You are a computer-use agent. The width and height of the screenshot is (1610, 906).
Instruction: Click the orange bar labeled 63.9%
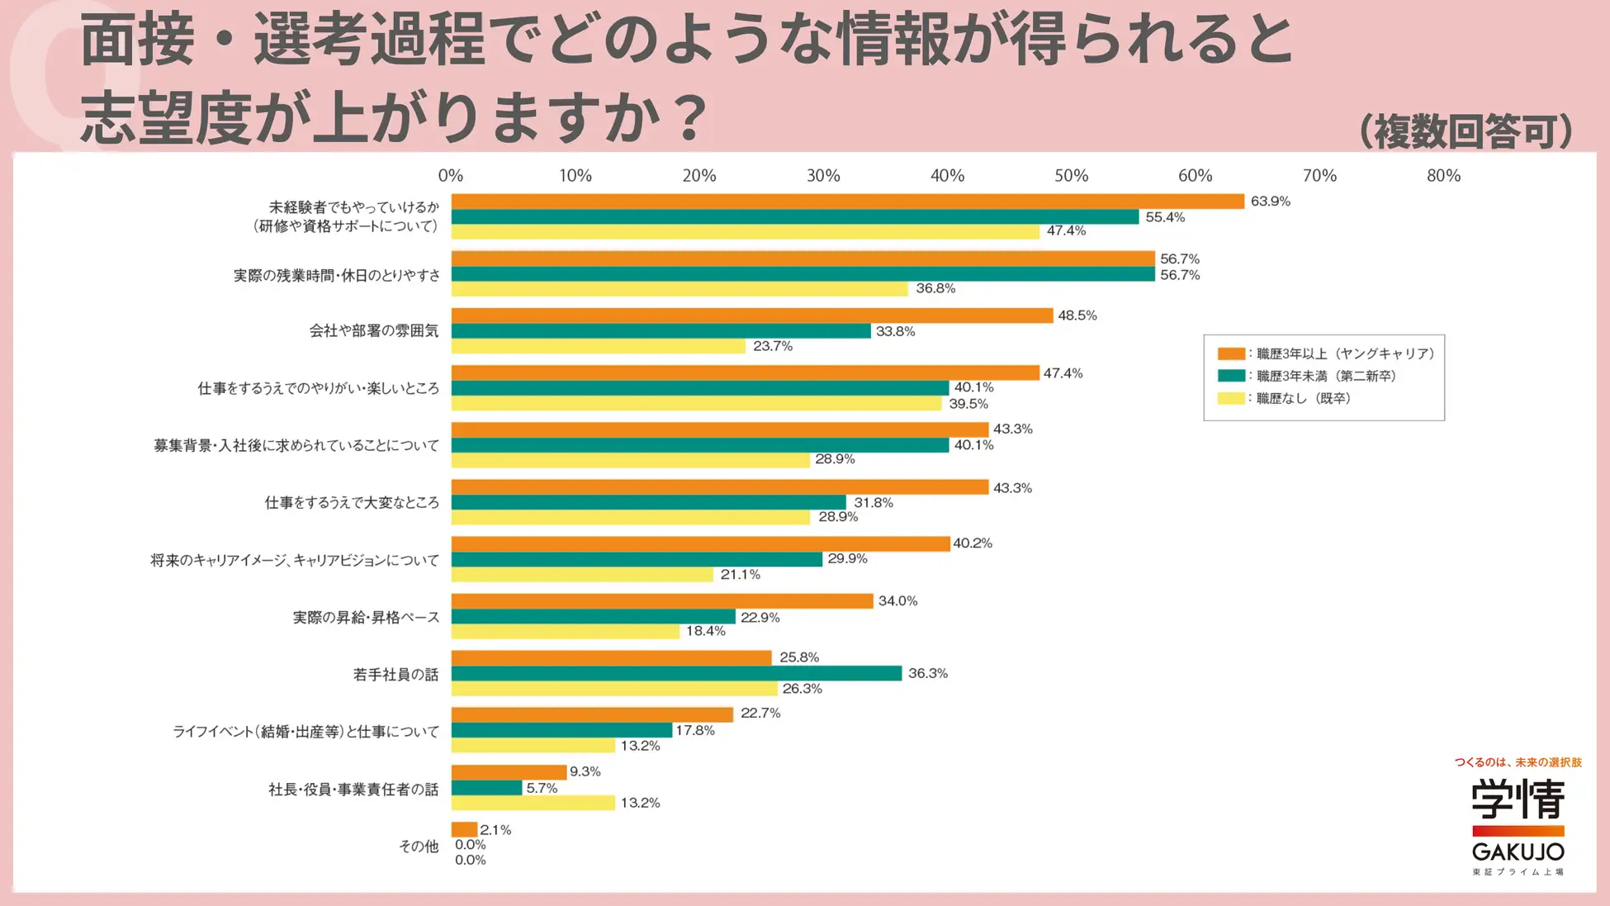point(847,202)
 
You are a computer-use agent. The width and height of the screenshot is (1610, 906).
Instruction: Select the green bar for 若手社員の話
point(676,674)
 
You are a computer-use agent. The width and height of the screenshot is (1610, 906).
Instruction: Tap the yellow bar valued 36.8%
point(680,289)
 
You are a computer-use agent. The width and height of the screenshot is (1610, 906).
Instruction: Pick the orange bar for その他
point(464,829)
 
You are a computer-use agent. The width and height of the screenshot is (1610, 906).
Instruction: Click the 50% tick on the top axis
point(1071,176)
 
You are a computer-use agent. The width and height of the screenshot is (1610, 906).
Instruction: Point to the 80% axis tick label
point(1443,176)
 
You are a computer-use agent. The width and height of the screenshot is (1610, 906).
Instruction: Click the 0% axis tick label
point(451,176)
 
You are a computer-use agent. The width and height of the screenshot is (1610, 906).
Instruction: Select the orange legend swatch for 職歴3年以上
point(1230,354)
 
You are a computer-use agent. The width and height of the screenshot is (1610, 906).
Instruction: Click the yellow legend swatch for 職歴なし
point(1230,399)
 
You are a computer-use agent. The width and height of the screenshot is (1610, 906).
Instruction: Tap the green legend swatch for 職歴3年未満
point(1230,377)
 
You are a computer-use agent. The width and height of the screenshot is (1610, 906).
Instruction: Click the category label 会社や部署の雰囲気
point(373,331)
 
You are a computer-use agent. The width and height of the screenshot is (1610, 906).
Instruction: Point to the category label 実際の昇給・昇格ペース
point(366,618)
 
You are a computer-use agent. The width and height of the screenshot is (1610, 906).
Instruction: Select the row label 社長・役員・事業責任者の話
point(353,790)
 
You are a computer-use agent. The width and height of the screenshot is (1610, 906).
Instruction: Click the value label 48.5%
point(1077,315)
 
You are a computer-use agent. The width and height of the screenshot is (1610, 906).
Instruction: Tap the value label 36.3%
point(927,674)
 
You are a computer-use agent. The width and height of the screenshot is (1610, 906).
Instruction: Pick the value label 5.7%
point(542,789)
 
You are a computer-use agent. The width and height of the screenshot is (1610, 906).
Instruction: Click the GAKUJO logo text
point(1518,851)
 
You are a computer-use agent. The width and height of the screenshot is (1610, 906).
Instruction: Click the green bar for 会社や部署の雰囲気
point(661,331)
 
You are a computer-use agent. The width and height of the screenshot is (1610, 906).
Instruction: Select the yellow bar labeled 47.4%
point(745,232)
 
